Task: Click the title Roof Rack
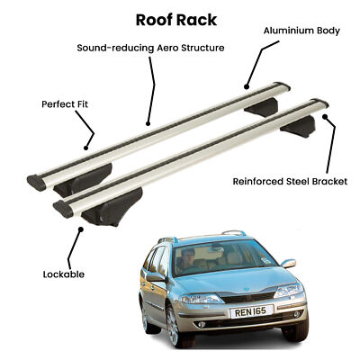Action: point(176,20)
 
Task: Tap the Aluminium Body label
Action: point(301,31)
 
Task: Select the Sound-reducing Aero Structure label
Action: point(150,48)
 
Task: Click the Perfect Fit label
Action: point(65,104)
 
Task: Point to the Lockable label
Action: point(64,274)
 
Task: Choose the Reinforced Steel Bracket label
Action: point(290,182)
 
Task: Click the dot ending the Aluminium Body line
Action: point(247,87)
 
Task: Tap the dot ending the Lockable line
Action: point(81,229)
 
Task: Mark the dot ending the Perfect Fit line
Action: point(86,148)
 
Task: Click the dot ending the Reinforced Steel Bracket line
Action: point(325,116)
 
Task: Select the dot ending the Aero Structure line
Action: point(148,123)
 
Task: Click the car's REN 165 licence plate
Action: point(252,311)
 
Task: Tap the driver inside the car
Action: point(186,260)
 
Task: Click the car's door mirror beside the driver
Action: point(156,276)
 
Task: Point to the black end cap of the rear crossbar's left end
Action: point(36,183)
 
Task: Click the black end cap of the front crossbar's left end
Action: point(63,209)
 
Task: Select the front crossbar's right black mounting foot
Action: point(298,126)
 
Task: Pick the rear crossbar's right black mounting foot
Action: point(261,107)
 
